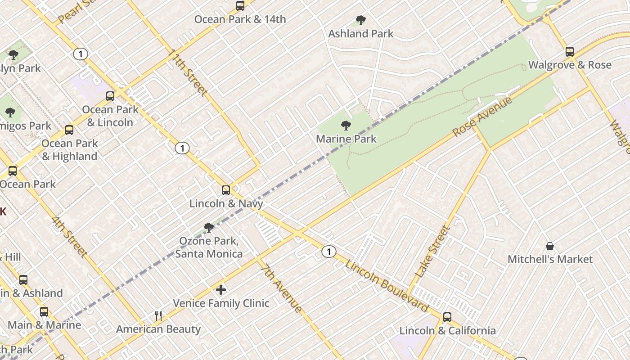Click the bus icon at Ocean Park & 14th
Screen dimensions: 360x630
240,6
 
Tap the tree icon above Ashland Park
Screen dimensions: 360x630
360,20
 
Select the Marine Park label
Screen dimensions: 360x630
346,139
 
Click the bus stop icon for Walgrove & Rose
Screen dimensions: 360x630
570,52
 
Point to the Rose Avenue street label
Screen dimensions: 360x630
482,117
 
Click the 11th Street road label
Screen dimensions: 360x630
188,72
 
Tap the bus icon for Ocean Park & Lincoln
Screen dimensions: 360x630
110,96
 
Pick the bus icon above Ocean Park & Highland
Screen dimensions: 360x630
69,130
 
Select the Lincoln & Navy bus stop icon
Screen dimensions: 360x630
226,190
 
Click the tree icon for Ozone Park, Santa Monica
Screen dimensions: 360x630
208,228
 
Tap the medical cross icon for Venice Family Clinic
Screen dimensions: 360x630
221,290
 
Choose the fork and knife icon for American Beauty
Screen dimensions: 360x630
158,316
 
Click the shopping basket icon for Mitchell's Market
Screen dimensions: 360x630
550,246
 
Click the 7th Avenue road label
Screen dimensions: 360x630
282,288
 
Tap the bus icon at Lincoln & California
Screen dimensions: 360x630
447,317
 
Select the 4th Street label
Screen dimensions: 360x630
69,237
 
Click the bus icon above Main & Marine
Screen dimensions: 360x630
44,312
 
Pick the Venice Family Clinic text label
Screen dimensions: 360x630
221,303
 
